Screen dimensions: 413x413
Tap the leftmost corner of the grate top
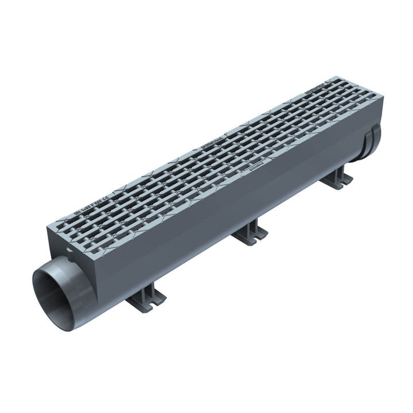coord(47,224)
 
